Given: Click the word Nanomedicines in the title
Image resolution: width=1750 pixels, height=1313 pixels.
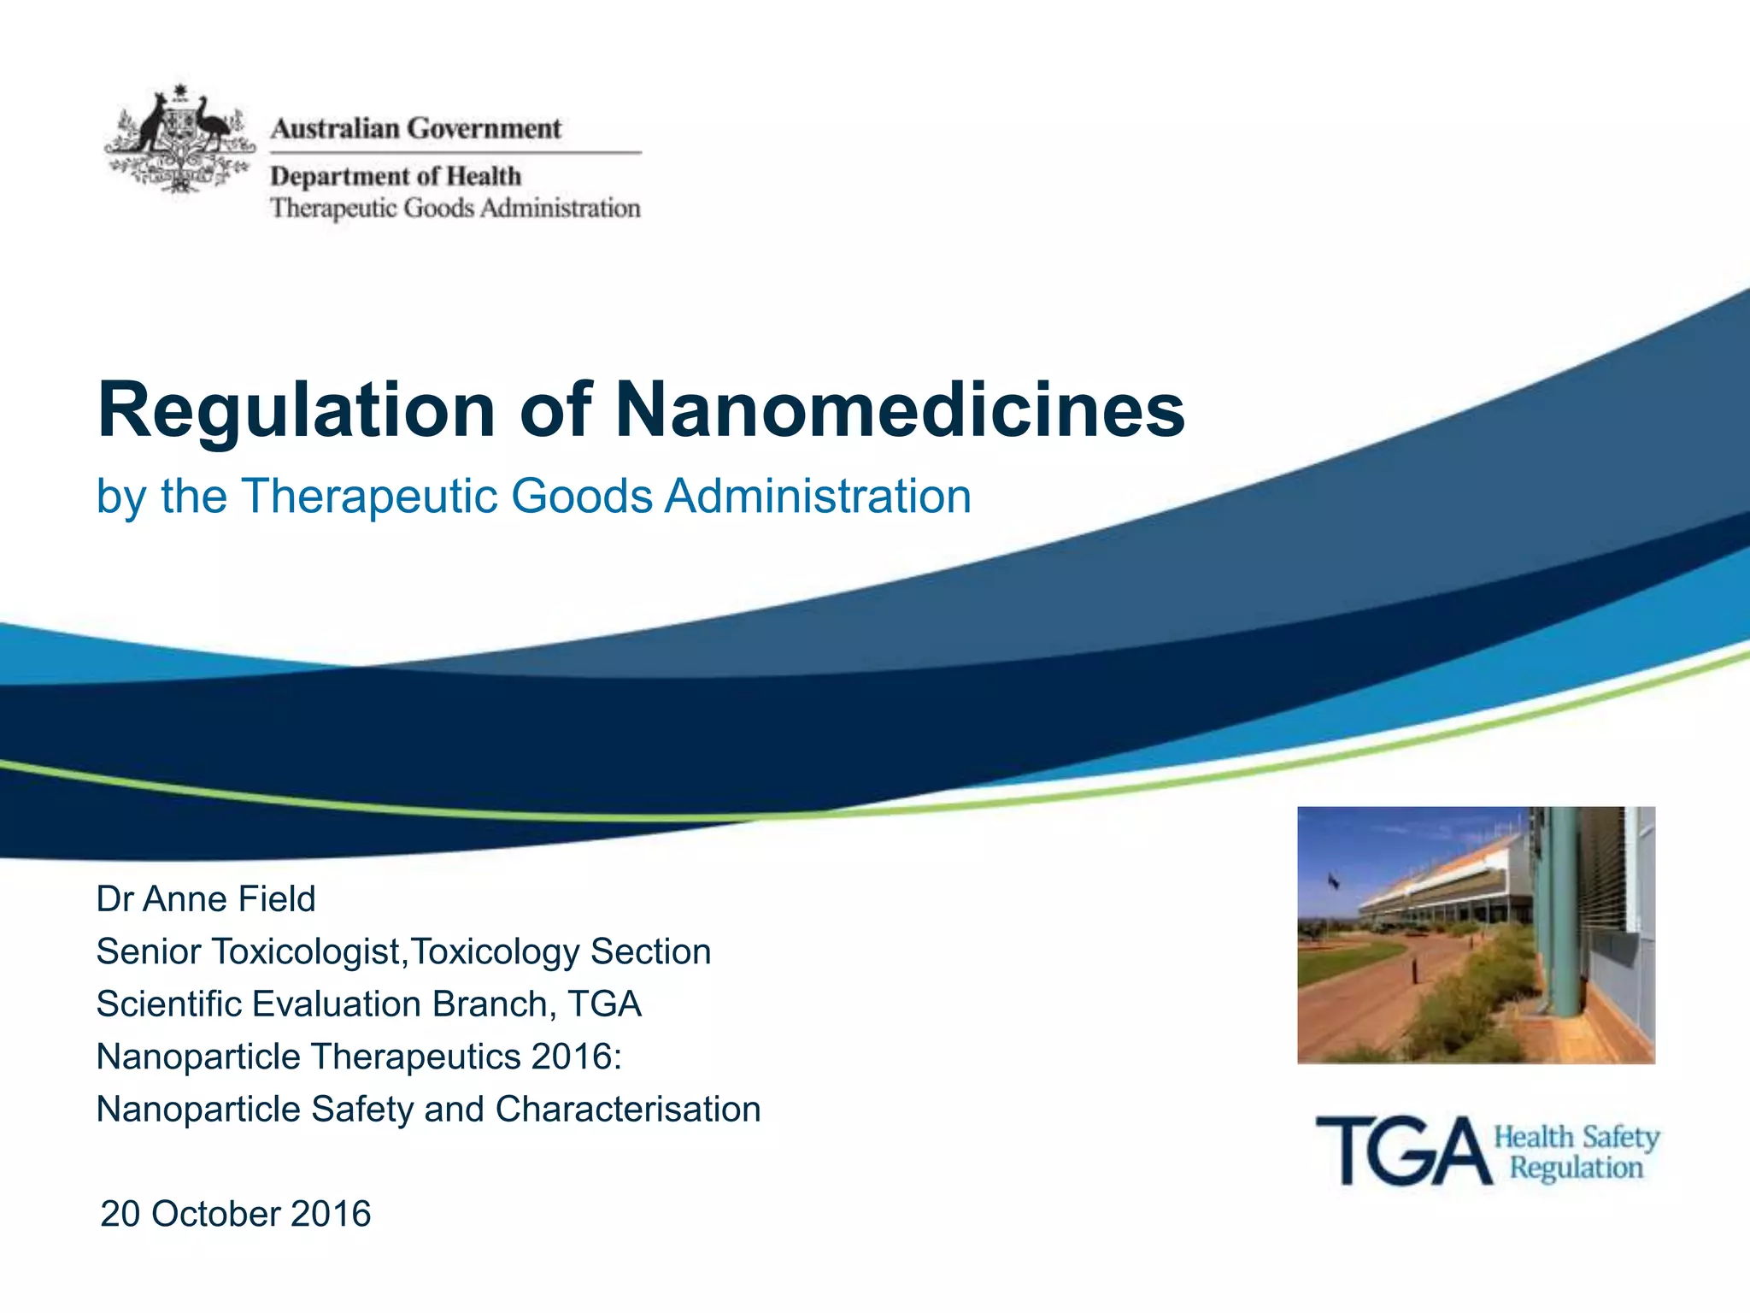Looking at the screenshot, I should (900, 410).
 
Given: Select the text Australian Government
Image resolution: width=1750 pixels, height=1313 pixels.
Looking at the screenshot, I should (416, 129).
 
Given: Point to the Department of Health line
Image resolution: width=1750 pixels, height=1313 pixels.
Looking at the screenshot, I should (396, 176).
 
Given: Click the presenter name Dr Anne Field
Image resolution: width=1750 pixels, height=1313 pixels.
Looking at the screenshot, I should (206, 899).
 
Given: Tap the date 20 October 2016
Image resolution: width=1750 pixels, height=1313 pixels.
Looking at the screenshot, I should (236, 1214).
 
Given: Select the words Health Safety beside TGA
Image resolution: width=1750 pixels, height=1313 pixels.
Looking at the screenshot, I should (1577, 1138).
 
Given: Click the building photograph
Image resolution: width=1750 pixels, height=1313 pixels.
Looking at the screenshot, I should (1476, 934).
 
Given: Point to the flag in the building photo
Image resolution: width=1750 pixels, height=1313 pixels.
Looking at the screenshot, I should (1334, 880).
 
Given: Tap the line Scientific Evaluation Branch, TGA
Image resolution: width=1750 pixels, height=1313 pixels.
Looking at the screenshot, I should (368, 1004).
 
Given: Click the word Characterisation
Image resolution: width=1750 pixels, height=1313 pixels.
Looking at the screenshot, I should (628, 1110).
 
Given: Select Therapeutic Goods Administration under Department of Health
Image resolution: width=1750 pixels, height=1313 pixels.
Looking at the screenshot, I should (455, 209).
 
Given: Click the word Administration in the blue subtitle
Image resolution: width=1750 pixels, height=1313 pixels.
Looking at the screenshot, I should (819, 497).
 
